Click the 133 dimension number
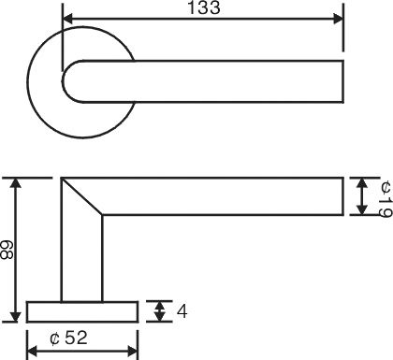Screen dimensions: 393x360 [x=204, y=7]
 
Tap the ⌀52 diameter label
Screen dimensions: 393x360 [x=68, y=338]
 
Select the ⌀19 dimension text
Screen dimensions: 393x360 [x=386, y=198]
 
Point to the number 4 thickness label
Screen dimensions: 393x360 [x=182, y=311]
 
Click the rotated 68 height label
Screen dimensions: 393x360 [x=7, y=250]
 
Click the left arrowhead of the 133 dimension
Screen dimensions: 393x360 [x=68, y=19]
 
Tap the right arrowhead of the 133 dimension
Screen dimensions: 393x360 [x=338, y=19]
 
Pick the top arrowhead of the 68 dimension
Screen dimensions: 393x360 [x=16, y=183]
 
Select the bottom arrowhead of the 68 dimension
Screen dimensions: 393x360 [x=16, y=317]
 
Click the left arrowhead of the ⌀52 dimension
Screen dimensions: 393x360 [x=33, y=352]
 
